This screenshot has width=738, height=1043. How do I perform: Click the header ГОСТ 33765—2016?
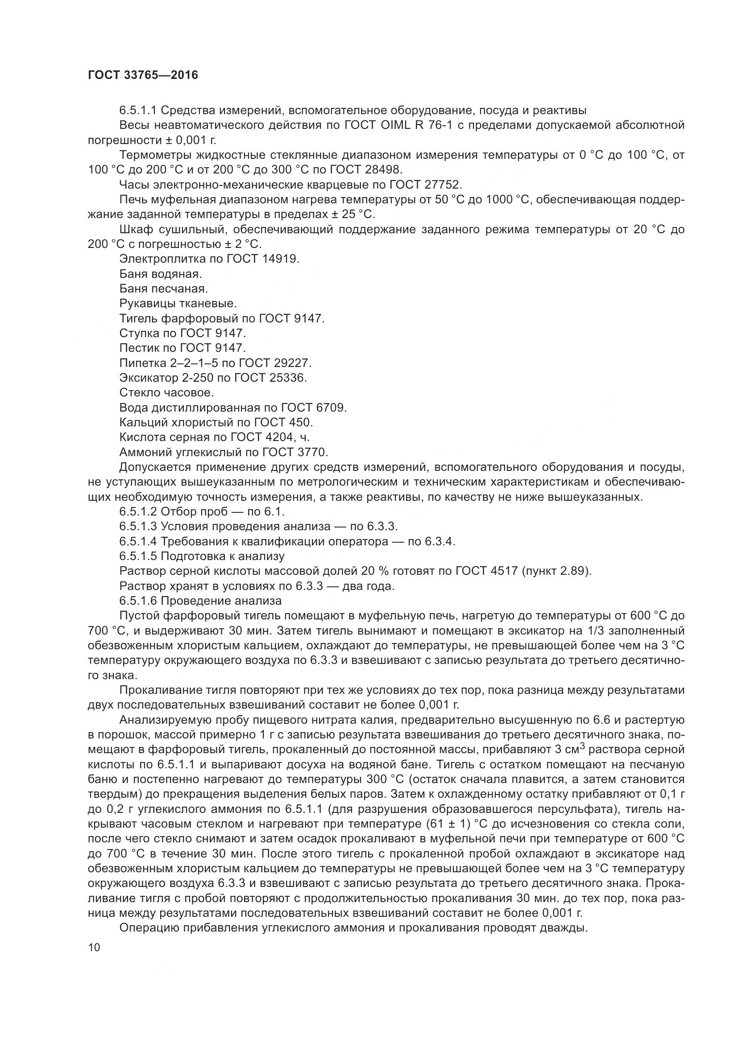143,75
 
